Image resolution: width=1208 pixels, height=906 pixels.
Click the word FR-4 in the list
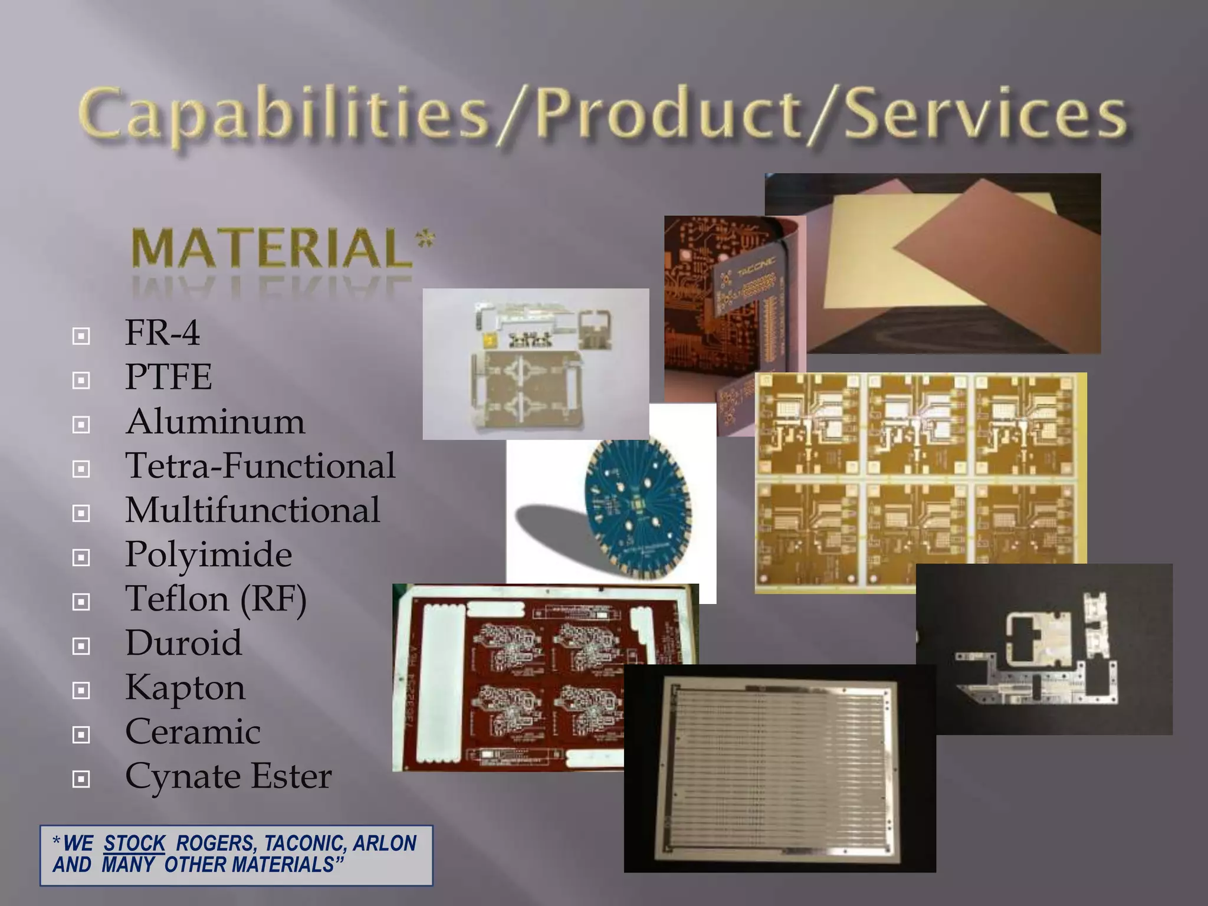tap(162, 333)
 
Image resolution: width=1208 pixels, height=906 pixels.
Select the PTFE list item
tap(168, 377)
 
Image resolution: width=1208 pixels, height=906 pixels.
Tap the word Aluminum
tap(215, 422)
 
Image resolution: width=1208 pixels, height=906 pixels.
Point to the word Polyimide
tap(208, 554)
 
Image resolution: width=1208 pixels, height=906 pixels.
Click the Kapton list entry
tap(185, 688)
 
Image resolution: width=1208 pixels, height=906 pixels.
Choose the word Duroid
tap(183, 643)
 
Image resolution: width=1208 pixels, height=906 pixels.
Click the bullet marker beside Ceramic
tap(81, 735)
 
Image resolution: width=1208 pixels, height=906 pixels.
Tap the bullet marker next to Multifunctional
tap(81, 513)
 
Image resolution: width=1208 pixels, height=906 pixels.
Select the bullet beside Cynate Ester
tap(81, 779)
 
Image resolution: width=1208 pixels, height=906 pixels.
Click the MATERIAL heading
tap(271, 249)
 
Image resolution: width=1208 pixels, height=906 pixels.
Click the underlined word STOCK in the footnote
tap(134, 843)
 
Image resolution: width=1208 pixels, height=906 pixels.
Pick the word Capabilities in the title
tap(283, 115)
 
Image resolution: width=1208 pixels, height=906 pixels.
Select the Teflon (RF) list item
tap(216, 599)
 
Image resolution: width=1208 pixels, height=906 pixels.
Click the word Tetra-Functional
tap(260, 466)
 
